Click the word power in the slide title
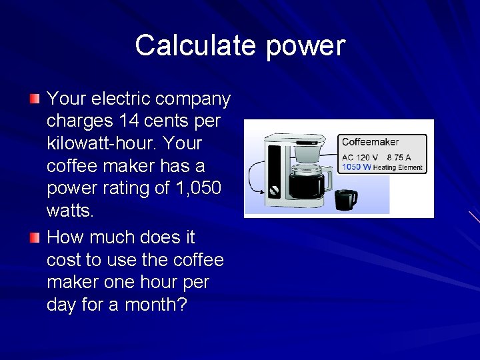(305, 46)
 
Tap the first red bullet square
(35, 99)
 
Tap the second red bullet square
(35, 237)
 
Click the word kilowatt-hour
(101, 143)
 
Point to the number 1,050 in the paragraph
(195, 188)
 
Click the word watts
(68, 211)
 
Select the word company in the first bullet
(198, 99)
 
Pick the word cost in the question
(65, 260)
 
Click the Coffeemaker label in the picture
(370, 142)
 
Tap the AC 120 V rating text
(361, 158)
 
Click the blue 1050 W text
(355, 167)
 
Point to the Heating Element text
(398, 168)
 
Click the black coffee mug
(345, 199)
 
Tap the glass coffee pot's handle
(327, 181)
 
